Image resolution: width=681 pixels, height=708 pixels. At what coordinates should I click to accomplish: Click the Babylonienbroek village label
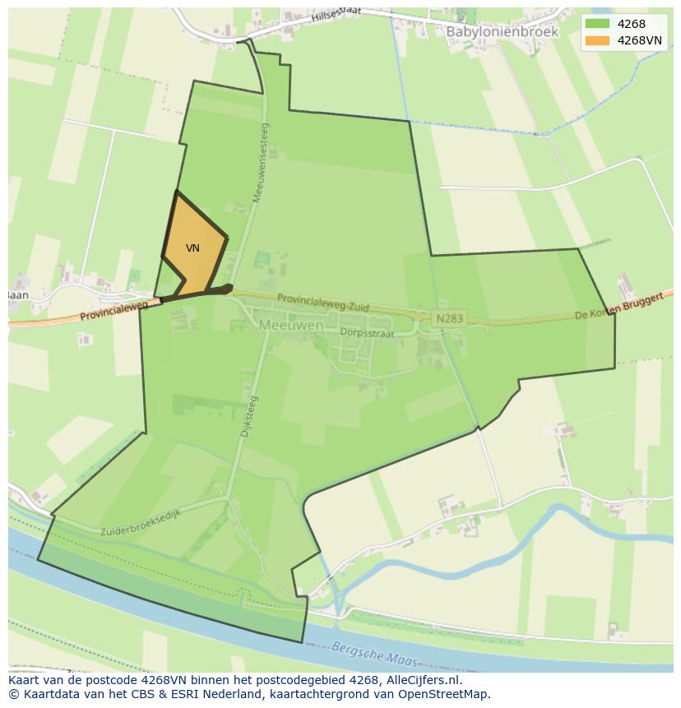pos(502,31)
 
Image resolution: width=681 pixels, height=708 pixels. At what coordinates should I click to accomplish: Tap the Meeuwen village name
pos(291,325)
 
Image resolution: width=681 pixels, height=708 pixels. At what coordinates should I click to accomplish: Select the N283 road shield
pos(450,318)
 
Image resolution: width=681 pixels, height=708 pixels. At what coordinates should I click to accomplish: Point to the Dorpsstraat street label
pos(367,333)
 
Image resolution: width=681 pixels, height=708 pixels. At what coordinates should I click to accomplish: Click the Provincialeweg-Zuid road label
pos(322,303)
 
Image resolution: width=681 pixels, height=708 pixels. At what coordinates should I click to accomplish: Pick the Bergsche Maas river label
pos(375,655)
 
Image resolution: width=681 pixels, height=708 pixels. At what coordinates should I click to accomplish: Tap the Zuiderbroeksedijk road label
pos(141,521)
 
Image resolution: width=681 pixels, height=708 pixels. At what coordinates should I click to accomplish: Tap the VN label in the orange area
pos(192,248)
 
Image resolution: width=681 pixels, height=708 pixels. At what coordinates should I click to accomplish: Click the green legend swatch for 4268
pos(598,24)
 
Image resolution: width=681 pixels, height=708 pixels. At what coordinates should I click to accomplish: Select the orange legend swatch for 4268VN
pos(598,40)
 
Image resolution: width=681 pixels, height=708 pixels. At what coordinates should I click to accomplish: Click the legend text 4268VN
pos(639,40)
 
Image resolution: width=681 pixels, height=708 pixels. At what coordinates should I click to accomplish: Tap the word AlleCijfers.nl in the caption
pos(423,680)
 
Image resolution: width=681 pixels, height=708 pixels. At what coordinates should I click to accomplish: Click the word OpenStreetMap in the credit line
pos(445,694)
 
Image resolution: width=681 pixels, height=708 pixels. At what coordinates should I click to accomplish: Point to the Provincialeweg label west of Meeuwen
pos(113,311)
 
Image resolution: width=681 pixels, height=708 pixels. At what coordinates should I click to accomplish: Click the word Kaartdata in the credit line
pos(47,694)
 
